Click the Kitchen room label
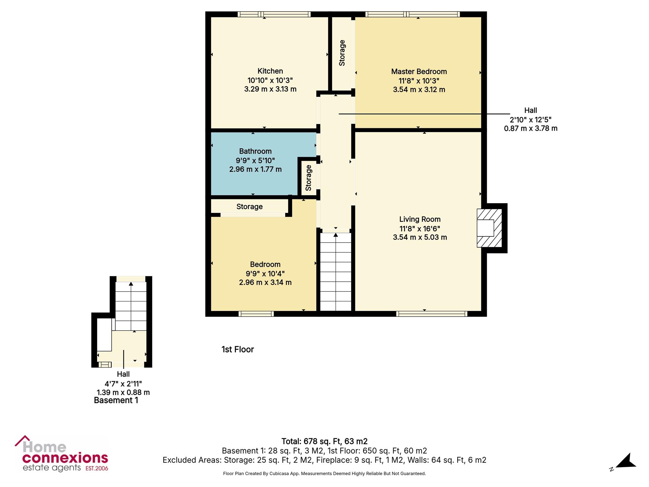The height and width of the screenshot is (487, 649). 270,71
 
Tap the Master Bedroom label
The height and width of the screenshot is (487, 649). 419,71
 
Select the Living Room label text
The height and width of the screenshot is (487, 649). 420,219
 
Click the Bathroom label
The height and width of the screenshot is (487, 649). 255,151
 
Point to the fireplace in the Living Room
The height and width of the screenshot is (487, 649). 489,228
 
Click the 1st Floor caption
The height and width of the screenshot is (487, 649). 238,349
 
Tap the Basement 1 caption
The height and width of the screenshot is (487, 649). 116,400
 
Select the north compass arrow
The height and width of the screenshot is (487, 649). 626,461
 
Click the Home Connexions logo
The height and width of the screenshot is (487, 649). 62,454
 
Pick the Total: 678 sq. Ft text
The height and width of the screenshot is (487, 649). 311,442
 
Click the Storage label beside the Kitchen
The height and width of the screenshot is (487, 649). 342,53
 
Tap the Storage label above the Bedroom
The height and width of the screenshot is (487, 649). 250,207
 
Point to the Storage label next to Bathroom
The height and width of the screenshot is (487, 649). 308,178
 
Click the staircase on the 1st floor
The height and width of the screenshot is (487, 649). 336,272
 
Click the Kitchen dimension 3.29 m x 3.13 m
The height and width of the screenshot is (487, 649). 270,89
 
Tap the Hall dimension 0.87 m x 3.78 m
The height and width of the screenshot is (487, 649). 531,129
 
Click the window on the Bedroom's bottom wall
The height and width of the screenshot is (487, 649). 256,314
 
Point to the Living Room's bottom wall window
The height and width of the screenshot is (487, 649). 432,314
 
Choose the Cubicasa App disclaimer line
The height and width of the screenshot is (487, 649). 324,474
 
